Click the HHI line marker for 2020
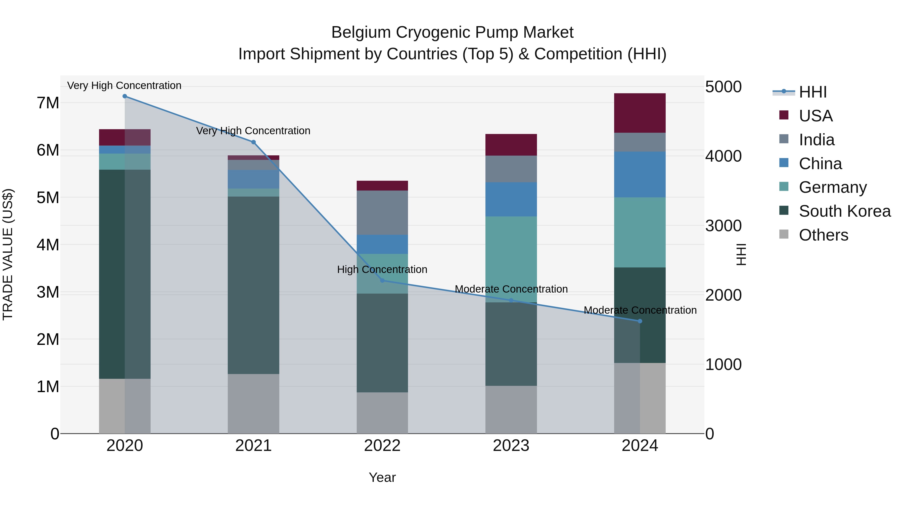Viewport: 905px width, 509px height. [125, 96]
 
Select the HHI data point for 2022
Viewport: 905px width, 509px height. [382, 280]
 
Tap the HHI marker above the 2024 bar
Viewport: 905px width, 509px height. [640, 321]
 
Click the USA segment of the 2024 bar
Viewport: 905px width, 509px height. [640, 113]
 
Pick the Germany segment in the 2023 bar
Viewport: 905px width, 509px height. [511, 259]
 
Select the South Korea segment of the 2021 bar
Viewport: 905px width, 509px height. [253, 285]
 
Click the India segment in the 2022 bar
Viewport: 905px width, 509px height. [382, 212]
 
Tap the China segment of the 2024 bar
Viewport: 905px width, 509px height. [640, 175]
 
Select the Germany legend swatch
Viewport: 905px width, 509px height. [784, 187]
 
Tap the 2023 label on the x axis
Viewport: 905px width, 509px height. [511, 446]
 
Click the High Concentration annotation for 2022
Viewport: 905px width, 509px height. [382, 269]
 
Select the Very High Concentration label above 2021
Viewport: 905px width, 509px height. [253, 131]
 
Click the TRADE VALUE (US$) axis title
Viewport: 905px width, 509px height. [8, 254]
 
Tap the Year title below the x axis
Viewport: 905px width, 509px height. [382, 477]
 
